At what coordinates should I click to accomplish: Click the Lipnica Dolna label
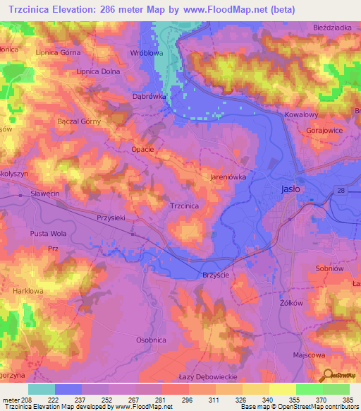coord(97,71)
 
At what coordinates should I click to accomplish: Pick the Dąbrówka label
coord(149,97)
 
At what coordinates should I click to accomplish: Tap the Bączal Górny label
coord(79,121)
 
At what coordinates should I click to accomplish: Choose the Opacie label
coord(142,150)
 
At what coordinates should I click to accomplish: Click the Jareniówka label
coord(228,178)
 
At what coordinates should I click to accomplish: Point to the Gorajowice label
coord(325,131)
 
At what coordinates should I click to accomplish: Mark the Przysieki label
coord(111,218)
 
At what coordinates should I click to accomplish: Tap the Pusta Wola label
coord(48,233)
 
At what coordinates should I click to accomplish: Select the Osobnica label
coord(152,340)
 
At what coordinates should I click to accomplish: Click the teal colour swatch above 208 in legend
coord(41,389)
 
